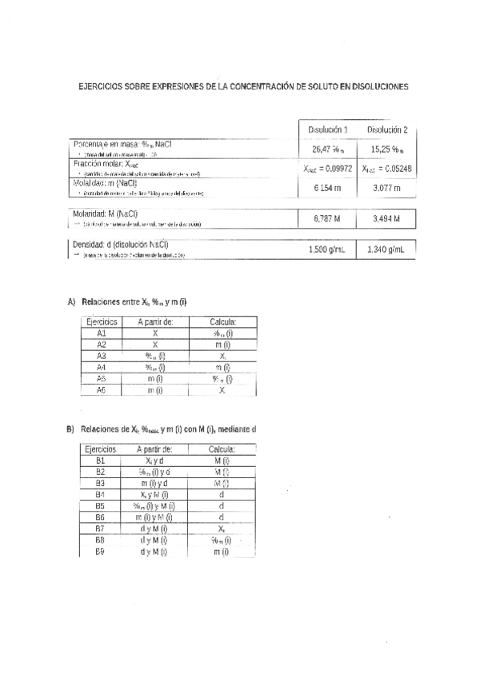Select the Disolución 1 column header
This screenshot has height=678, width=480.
click(328, 130)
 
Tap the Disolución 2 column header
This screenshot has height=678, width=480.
click(387, 130)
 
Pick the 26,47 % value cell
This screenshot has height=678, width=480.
click(328, 149)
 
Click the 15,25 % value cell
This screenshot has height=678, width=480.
click(387, 149)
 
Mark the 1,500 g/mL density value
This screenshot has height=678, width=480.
click(327, 249)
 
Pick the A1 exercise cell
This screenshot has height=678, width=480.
click(101, 333)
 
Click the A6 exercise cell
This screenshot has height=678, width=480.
click(101, 389)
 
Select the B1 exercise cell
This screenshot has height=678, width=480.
click(101, 461)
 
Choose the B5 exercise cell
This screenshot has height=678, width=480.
click(101, 505)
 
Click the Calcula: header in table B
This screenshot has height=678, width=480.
click(222, 449)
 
